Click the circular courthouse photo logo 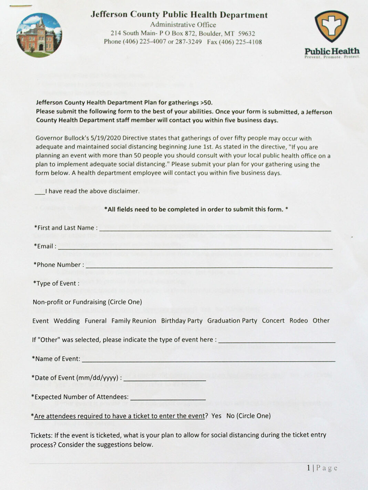point(39,35)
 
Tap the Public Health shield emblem point(331,26)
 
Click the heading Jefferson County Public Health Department point(179,15)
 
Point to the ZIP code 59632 point(247,33)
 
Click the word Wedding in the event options point(67,321)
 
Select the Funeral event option point(95,321)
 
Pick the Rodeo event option point(298,320)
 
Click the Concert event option point(273,320)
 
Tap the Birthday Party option point(182,321)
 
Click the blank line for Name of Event point(208,360)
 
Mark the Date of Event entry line point(165,380)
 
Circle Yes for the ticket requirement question point(216,416)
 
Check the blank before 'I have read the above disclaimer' point(40,192)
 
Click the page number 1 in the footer point(308,468)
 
